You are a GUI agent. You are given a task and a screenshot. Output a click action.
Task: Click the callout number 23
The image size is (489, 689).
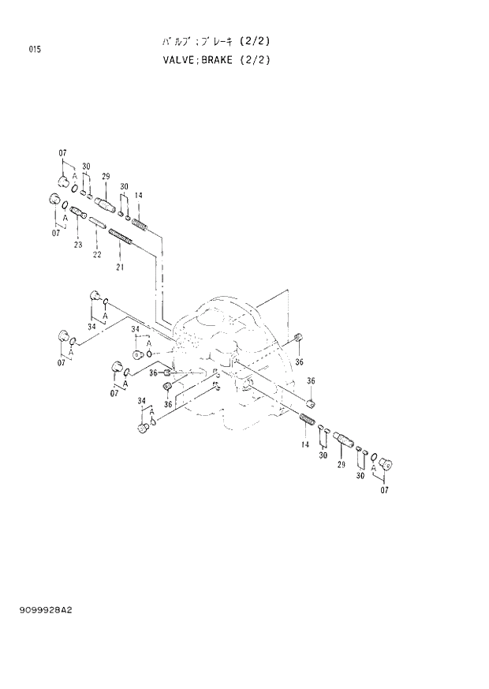click(x=78, y=245)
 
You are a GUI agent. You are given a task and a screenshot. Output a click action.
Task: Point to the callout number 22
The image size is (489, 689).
click(x=97, y=254)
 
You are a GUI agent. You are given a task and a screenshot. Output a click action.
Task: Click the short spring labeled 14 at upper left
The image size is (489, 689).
click(x=139, y=225)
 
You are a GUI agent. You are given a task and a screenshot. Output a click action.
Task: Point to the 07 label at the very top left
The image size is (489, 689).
click(x=62, y=152)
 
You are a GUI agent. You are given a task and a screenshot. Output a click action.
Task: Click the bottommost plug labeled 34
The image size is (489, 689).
click(x=143, y=429)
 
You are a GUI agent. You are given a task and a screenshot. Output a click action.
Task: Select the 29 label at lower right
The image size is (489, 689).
click(x=342, y=466)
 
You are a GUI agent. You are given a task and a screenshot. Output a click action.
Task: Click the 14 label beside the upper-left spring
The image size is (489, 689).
click(x=138, y=195)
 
